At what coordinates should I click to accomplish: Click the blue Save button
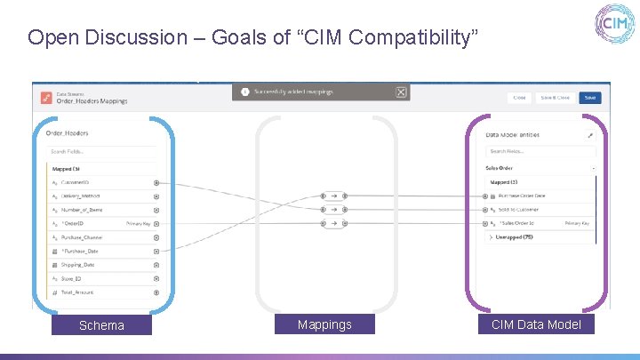[x=589, y=98]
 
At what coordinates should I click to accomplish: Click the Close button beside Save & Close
[x=519, y=98]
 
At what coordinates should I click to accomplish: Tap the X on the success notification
[x=401, y=92]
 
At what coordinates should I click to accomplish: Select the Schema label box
[x=101, y=325]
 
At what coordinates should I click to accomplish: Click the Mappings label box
[x=324, y=324]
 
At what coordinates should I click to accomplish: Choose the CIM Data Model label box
[x=536, y=324]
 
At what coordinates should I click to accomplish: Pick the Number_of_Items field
[x=82, y=210]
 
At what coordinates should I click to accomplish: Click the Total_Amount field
[x=77, y=292]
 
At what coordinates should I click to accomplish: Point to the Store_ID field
[x=72, y=278]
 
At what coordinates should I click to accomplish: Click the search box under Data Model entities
[x=538, y=151]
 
